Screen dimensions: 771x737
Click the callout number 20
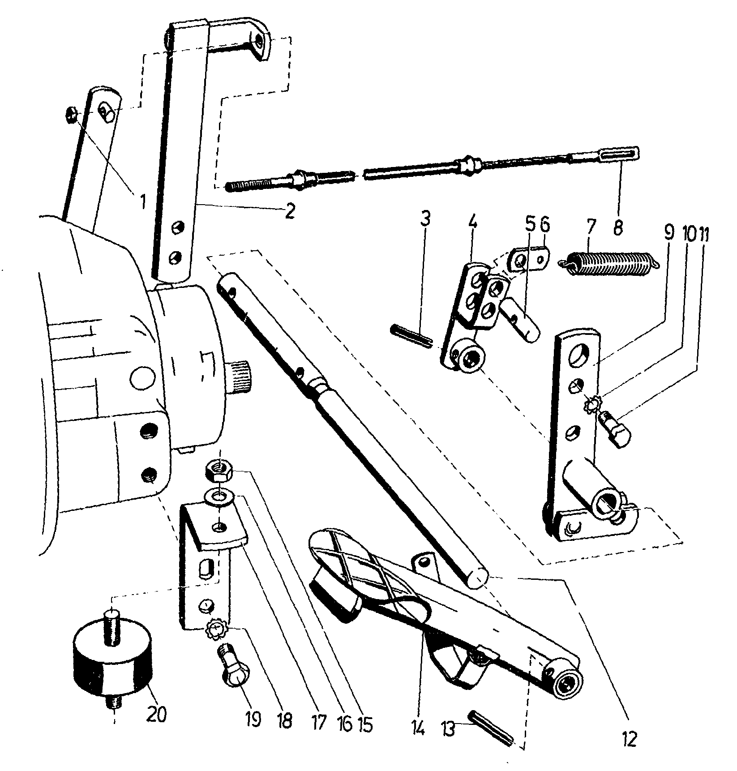pyautogui.click(x=157, y=713)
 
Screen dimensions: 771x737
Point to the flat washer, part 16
pyautogui.click(x=218, y=497)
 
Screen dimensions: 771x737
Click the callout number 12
pyautogui.click(x=629, y=740)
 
